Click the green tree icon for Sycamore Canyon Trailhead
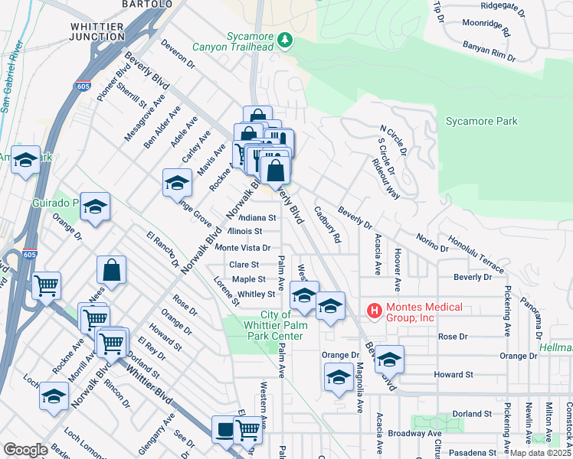tap(286, 38)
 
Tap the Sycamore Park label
tap(481, 121)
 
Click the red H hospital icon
tap(375, 310)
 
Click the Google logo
tap(25, 449)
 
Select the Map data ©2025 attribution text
tap(539, 453)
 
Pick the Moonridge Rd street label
tap(488, 30)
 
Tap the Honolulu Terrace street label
tap(476, 255)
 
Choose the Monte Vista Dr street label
tap(243, 248)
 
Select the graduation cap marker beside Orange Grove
tap(177, 182)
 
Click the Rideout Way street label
tap(386, 180)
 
